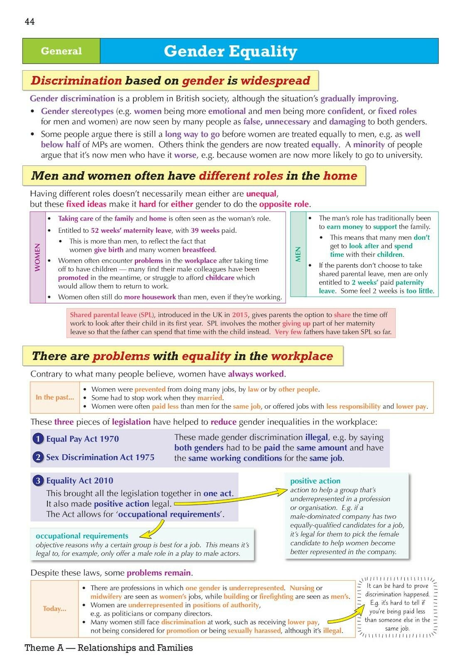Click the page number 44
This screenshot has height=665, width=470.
tap(30, 22)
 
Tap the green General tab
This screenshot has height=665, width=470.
tap(61, 51)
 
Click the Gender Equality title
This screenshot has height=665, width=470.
tap(230, 51)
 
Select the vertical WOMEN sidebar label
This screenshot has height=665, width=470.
tap(38, 257)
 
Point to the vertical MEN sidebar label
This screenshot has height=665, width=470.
tap(298, 254)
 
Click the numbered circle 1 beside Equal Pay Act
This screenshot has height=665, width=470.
tap(38, 439)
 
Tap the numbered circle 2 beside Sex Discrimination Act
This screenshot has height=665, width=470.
tap(38, 457)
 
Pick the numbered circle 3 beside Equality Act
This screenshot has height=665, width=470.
tap(38, 481)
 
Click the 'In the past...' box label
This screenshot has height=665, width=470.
tap(54, 397)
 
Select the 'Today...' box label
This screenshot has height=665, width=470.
tap(54, 609)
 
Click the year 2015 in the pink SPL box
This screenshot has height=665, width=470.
tap(240, 315)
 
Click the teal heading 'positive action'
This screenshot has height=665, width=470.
tap(315, 481)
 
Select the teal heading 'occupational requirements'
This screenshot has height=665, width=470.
tap(82, 536)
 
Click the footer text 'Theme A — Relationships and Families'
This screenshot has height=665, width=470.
tap(109, 648)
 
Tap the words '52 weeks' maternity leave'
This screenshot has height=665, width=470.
tap(131, 230)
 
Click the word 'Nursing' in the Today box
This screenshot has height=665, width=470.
tap(302, 588)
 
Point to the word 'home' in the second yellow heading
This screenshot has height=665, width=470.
tap(340, 176)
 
